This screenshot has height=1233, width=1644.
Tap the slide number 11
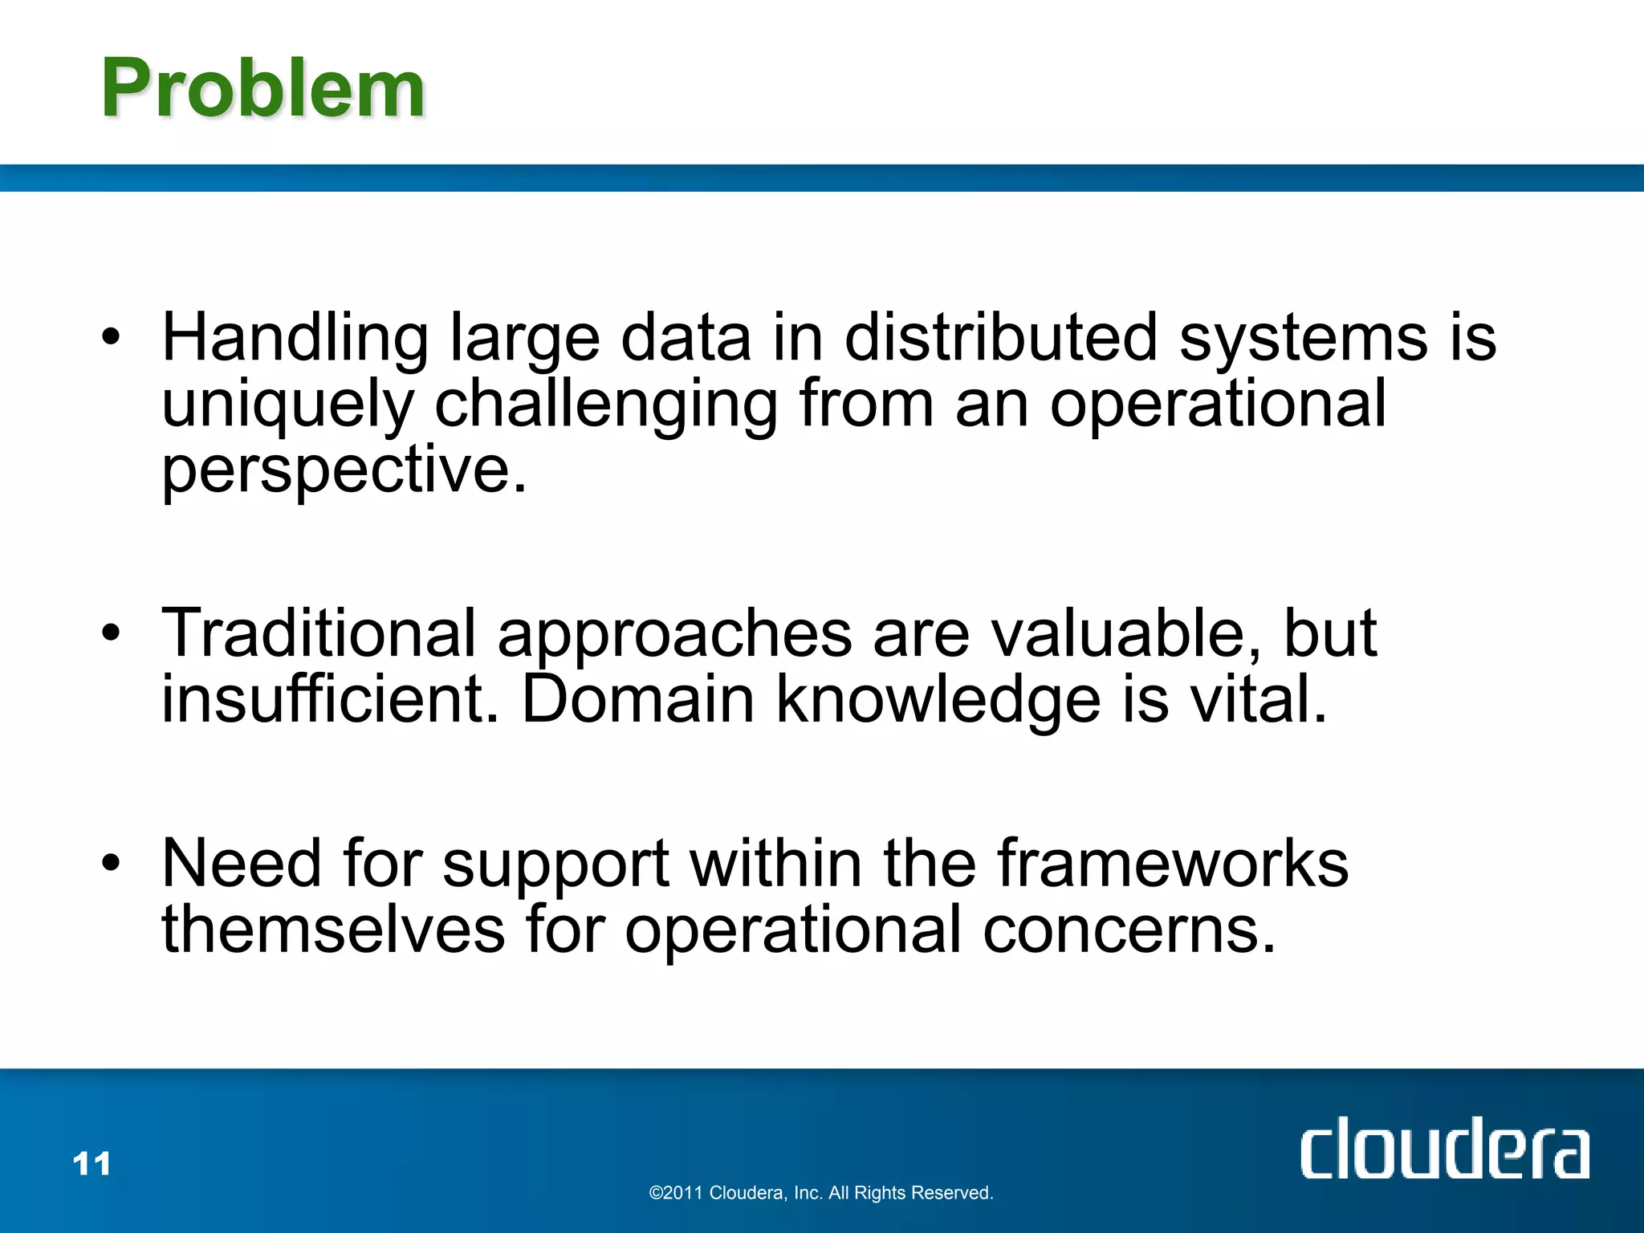[92, 1163]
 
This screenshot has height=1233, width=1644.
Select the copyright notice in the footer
[820, 1193]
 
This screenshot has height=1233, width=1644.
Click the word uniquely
[287, 405]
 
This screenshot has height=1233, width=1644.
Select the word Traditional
[319, 633]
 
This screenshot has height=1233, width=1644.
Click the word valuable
[1126, 633]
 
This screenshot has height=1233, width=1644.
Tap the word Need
[242, 864]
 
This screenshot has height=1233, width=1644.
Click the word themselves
[333, 930]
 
